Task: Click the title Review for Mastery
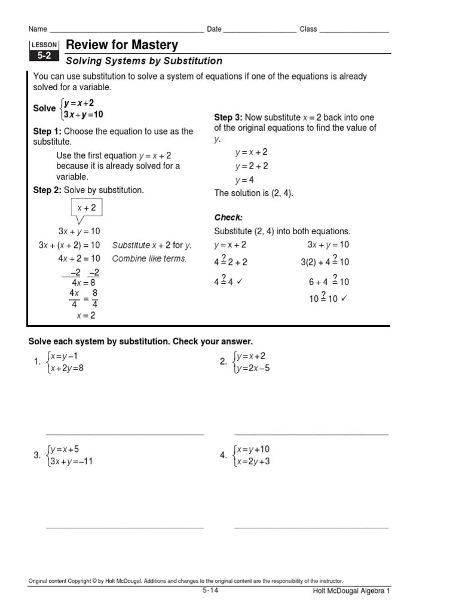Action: pos(122,45)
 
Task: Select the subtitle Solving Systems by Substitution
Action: pos(143,61)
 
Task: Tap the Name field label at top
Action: pos(37,29)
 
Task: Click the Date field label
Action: pos(214,29)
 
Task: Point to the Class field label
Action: pos(308,29)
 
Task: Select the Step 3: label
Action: pos(228,117)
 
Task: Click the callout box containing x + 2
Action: pos(86,208)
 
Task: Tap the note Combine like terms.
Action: pos(149,259)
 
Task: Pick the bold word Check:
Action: pos(228,217)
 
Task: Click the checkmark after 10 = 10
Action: pos(344,299)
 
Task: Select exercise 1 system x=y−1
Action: pos(63,356)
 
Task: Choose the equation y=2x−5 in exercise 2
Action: pos(253,368)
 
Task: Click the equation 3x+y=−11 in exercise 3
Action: pos(72,461)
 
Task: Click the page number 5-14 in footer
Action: pos(210,590)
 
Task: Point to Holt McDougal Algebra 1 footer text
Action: pos(351,591)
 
